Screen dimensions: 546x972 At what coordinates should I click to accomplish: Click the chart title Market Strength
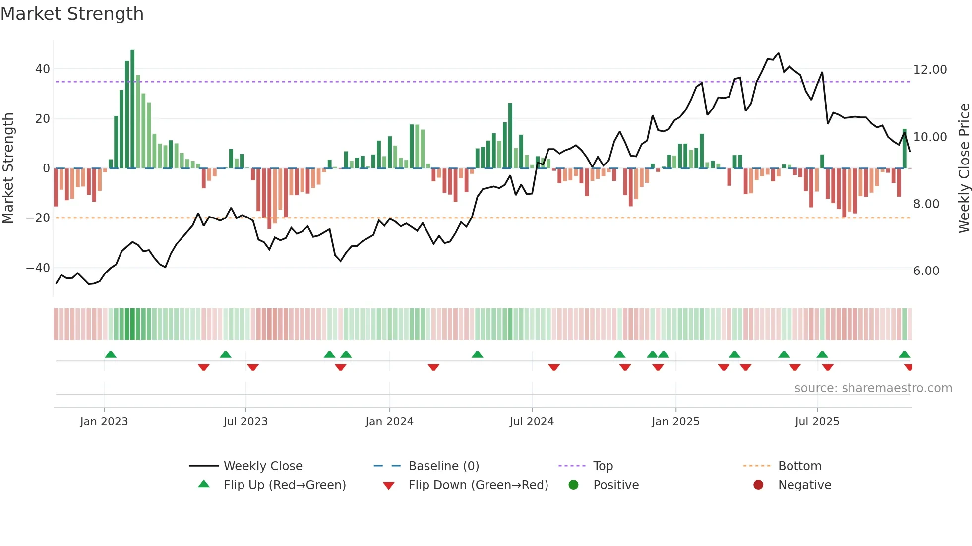[72, 14]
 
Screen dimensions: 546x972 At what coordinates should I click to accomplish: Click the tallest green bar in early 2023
[132, 109]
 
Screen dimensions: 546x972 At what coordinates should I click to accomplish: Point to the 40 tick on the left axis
[43, 69]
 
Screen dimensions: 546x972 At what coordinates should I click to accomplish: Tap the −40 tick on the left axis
[38, 268]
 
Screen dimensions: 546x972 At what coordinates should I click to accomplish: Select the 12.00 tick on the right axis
[930, 70]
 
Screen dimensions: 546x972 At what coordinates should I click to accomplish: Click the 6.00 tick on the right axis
[926, 271]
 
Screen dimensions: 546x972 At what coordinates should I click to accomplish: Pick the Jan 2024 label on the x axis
[389, 422]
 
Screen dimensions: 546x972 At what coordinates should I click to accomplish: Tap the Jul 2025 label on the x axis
[817, 422]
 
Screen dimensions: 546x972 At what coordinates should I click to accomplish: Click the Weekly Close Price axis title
[964, 168]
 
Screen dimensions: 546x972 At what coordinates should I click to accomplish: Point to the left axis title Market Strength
[8, 168]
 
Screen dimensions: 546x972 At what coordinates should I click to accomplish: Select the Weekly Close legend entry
[263, 466]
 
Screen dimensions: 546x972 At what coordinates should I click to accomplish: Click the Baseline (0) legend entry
[443, 466]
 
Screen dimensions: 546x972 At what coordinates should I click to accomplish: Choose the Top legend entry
[603, 466]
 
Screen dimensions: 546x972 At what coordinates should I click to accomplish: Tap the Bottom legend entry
[799, 466]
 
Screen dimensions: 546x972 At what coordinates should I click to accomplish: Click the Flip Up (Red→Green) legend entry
[284, 485]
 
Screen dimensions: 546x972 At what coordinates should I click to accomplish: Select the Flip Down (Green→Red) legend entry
[478, 485]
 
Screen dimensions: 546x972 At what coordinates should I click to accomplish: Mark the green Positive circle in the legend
[574, 485]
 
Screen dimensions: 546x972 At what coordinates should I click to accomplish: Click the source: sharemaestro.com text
[873, 388]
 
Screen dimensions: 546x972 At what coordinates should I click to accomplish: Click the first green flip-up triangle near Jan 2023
[111, 354]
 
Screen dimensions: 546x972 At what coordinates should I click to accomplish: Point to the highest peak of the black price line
[778, 53]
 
